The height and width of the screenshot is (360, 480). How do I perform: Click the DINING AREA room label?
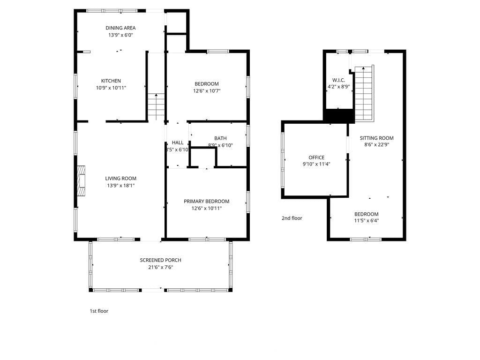[x=120, y=28]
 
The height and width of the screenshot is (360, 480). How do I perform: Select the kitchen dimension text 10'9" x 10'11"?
[x=111, y=88]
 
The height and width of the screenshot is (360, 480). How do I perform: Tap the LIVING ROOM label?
[x=120, y=179]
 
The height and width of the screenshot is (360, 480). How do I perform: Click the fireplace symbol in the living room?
[x=81, y=180]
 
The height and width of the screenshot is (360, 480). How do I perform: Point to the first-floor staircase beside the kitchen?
[x=156, y=107]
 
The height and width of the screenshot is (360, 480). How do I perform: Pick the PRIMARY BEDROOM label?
[x=207, y=202]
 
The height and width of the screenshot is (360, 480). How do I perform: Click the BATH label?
[x=220, y=138]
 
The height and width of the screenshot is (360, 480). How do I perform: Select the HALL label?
[x=178, y=142]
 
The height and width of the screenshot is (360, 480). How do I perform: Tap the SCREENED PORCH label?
[x=160, y=260]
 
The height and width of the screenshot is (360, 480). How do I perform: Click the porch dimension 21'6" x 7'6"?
[x=160, y=267]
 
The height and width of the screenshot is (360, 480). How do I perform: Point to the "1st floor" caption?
[x=99, y=311]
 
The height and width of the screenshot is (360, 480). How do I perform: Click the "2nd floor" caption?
[x=292, y=218]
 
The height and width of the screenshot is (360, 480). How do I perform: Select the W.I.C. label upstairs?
[x=338, y=80]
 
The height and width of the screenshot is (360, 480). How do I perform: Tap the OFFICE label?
[x=316, y=157]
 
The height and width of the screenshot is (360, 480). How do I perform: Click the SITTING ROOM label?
[x=376, y=138]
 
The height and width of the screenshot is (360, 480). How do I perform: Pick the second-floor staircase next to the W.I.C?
[x=364, y=93]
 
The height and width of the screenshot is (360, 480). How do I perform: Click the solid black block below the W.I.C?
[x=339, y=116]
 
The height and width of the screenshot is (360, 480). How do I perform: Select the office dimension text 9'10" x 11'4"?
[x=316, y=164]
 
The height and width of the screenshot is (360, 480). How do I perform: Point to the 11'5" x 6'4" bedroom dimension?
[x=367, y=221]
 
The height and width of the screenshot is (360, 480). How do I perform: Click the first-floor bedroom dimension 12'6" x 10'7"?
[x=207, y=91]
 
